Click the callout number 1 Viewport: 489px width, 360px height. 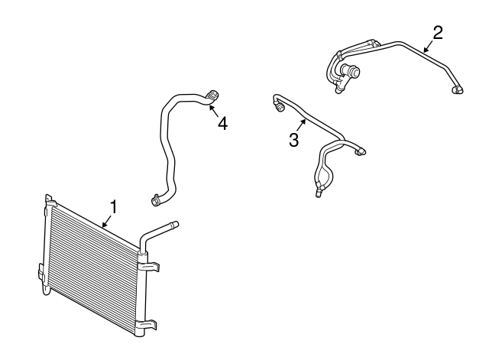click(113, 206)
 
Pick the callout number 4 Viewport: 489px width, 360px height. click(222, 122)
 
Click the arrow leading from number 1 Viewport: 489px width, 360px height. click(106, 221)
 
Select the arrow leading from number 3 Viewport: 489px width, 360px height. click(303, 125)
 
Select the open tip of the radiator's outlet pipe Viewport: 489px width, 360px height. click(175, 225)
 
